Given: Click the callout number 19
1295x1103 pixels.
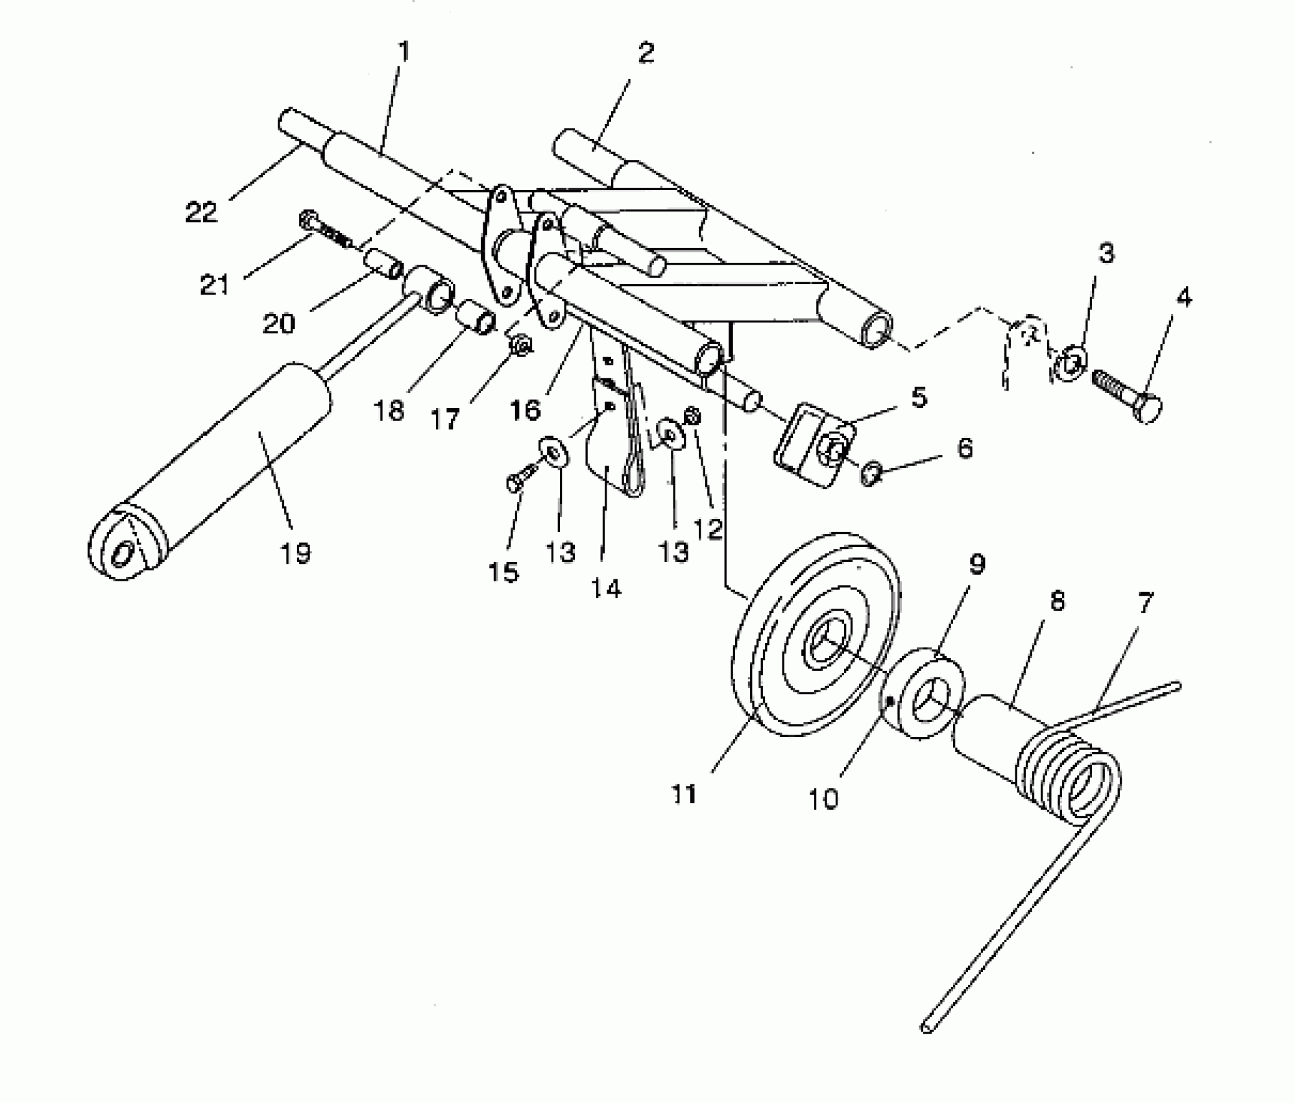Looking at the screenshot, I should pos(295,553).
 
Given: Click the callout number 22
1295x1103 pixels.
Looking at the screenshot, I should pos(201,212).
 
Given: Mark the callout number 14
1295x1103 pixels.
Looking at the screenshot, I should pos(606,588).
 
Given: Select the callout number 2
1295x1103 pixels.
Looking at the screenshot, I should pos(646,53).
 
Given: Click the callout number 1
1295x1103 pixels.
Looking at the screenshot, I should pos(404,52).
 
